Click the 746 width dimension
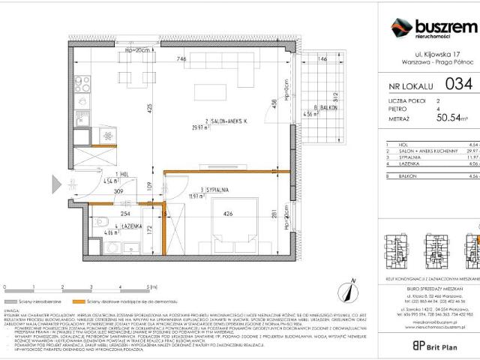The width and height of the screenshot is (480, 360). click(x=180, y=59)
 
